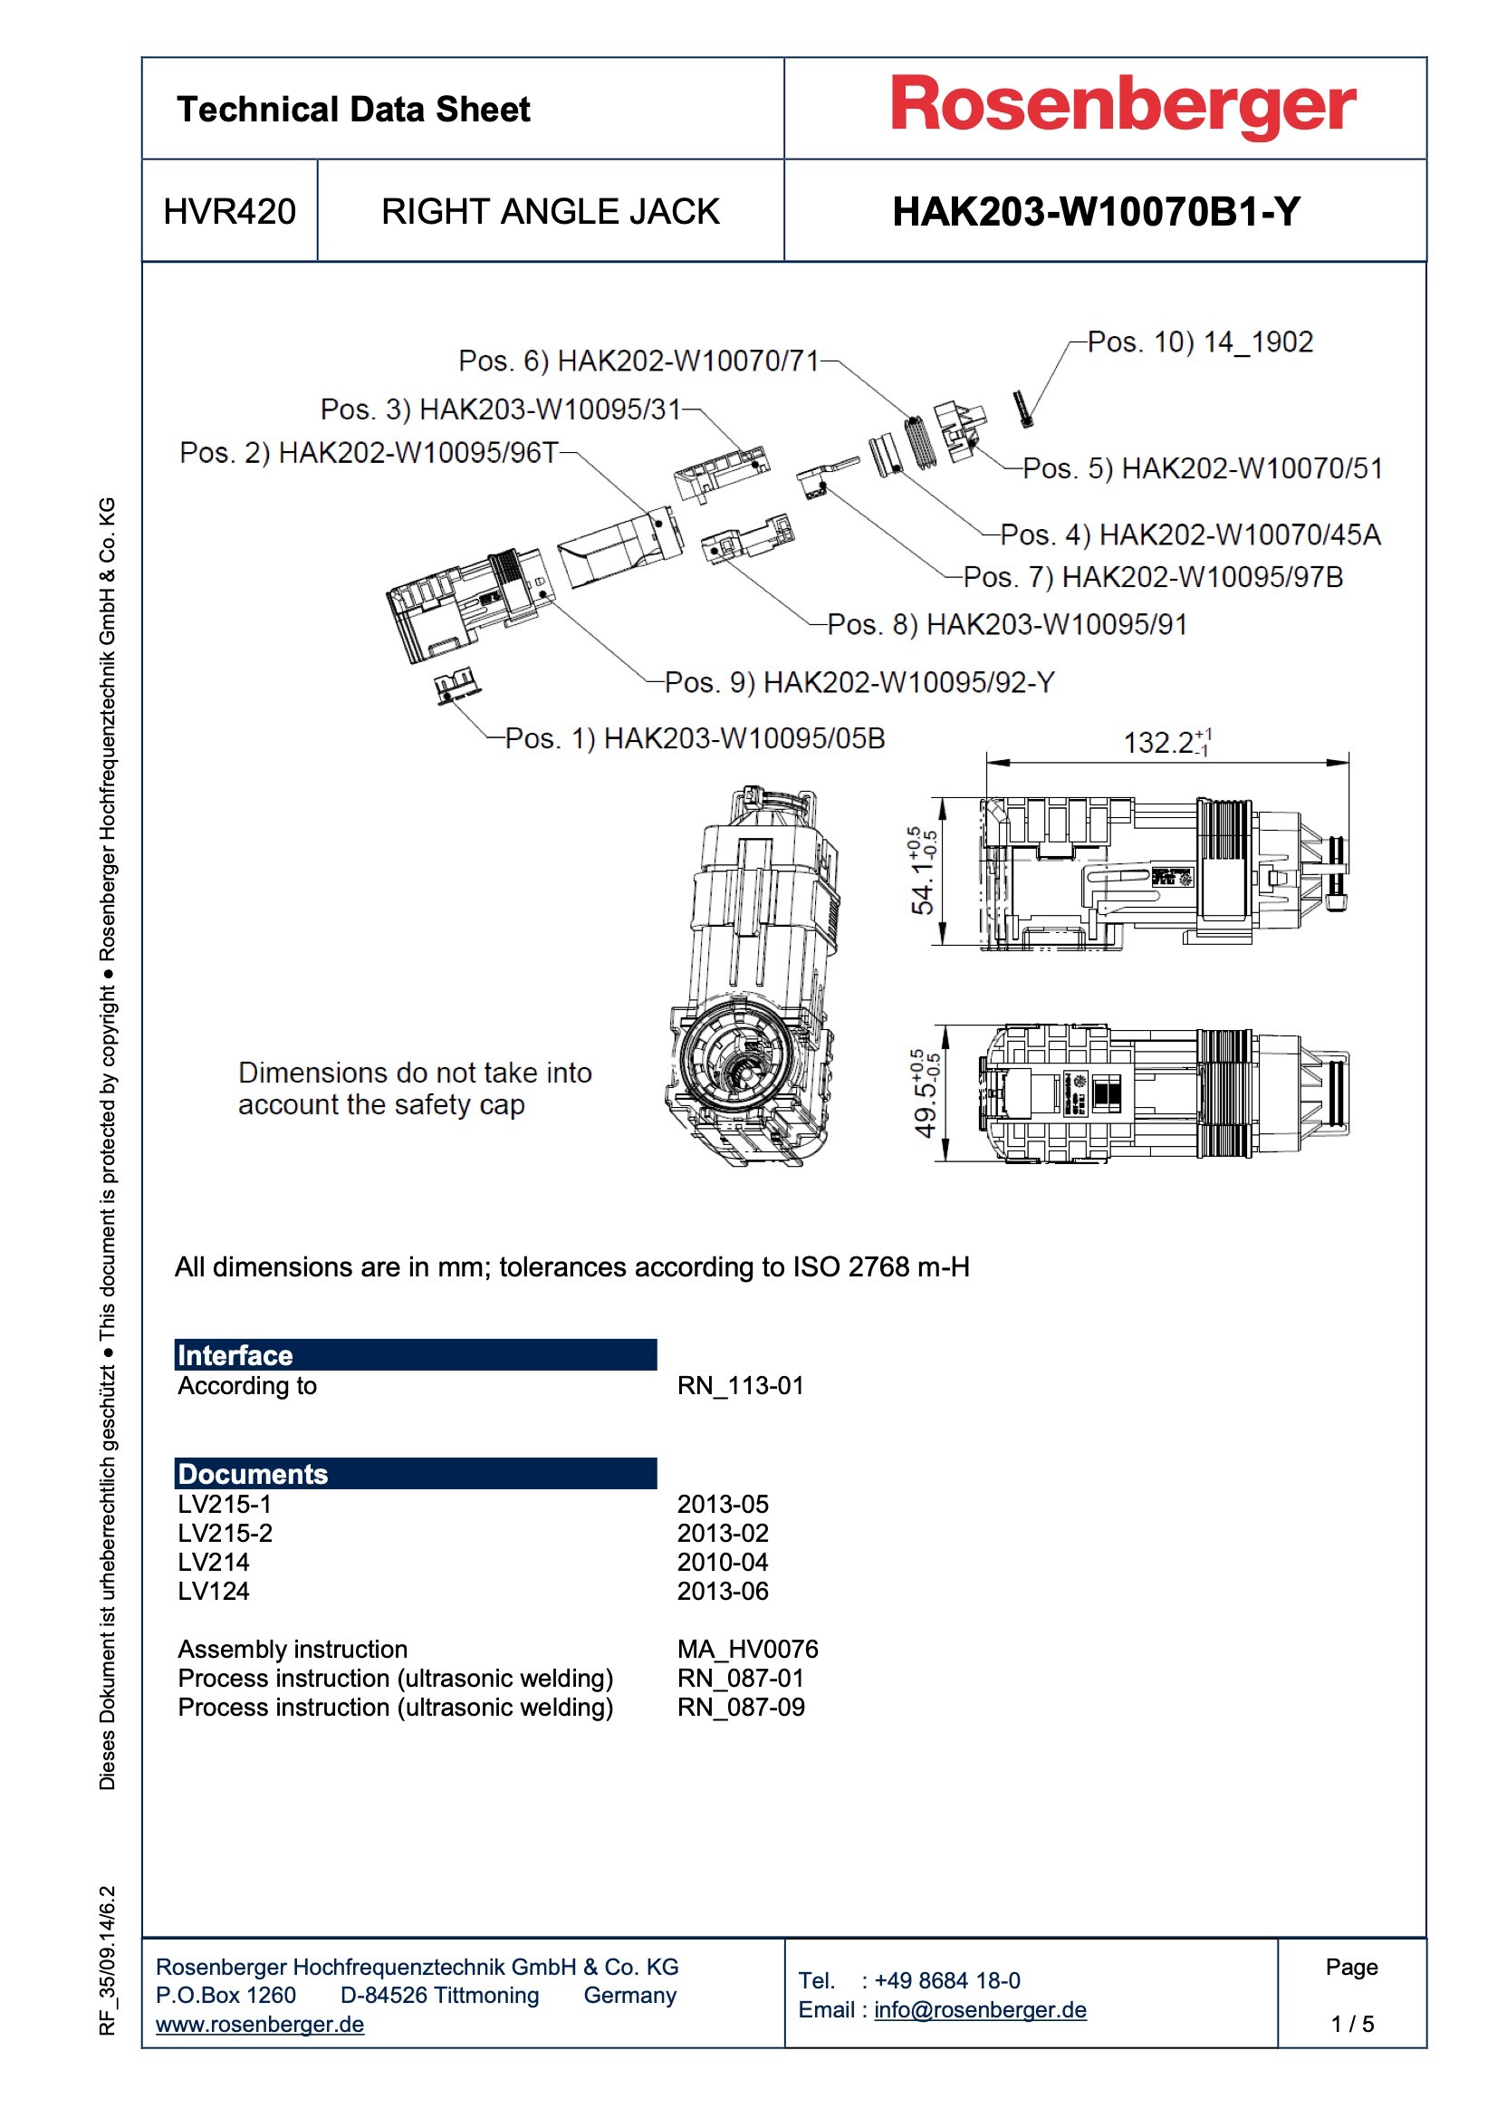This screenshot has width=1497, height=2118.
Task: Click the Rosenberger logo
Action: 1121,106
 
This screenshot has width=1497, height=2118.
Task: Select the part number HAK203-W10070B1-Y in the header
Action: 1096,211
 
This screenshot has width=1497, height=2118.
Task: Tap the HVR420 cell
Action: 230,211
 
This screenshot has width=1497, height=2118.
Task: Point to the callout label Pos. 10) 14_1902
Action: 1199,342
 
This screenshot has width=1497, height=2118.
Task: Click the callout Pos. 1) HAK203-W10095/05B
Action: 695,738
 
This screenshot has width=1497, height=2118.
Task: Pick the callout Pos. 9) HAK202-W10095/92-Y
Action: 859,682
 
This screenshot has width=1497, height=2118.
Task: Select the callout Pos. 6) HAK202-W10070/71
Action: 638,361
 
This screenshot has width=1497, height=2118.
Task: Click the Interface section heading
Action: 235,1355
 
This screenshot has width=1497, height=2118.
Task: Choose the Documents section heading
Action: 253,1474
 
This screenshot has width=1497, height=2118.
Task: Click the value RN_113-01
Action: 740,1385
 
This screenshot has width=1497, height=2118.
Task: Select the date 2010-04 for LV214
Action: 722,1562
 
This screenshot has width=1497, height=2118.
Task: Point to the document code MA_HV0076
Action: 747,1649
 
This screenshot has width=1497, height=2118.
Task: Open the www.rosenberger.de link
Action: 259,2024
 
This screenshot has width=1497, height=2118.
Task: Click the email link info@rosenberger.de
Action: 980,2009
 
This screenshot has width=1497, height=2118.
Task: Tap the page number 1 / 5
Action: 1351,2023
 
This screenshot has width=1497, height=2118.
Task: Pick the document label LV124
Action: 213,1591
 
